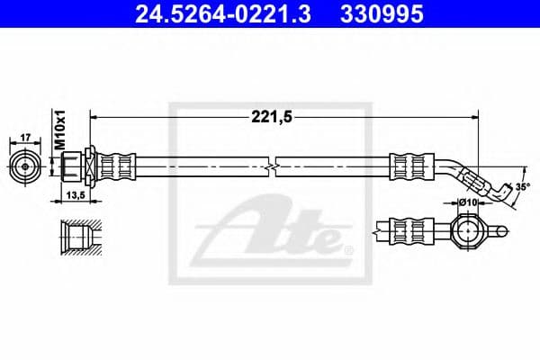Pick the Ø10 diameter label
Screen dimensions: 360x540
(466, 203)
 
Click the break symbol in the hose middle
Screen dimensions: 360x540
(273, 166)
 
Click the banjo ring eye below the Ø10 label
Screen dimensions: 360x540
(468, 233)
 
